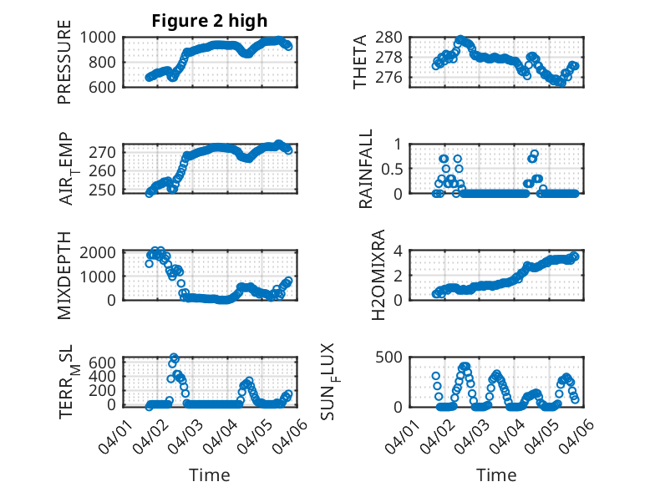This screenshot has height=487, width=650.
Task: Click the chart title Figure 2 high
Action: tap(210, 21)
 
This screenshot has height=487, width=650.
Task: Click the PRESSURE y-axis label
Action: tap(65, 67)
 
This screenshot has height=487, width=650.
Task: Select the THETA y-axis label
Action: tap(360, 62)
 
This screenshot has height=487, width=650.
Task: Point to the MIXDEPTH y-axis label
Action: tap(65, 276)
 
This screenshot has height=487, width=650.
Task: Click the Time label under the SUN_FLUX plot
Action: tap(496, 475)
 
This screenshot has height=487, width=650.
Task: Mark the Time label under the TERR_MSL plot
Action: tap(210, 475)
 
